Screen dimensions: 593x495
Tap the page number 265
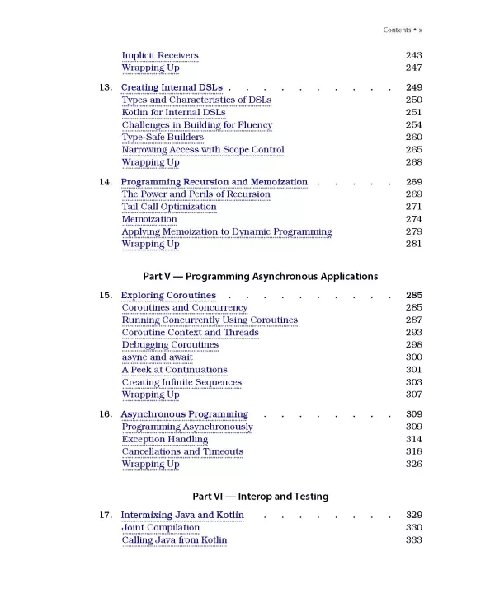[x=413, y=149]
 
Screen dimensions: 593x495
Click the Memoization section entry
[x=149, y=219]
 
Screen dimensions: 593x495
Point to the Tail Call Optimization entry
[x=169, y=207]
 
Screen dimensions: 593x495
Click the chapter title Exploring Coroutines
[x=168, y=295]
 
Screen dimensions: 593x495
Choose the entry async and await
[x=157, y=357]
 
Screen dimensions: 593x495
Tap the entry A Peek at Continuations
[x=174, y=370]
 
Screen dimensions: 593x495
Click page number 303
[x=413, y=382]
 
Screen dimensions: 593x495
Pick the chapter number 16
[x=106, y=414]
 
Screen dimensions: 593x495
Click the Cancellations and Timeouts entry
[x=182, y=451]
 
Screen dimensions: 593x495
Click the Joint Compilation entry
[x=160, y=528]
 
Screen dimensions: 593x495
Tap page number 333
[x=413, y=540]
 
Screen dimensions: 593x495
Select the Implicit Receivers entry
[x=160, y=55]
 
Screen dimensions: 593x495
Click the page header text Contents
[x=398, y=30]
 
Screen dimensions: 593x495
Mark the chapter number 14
[x=106, y=182]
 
